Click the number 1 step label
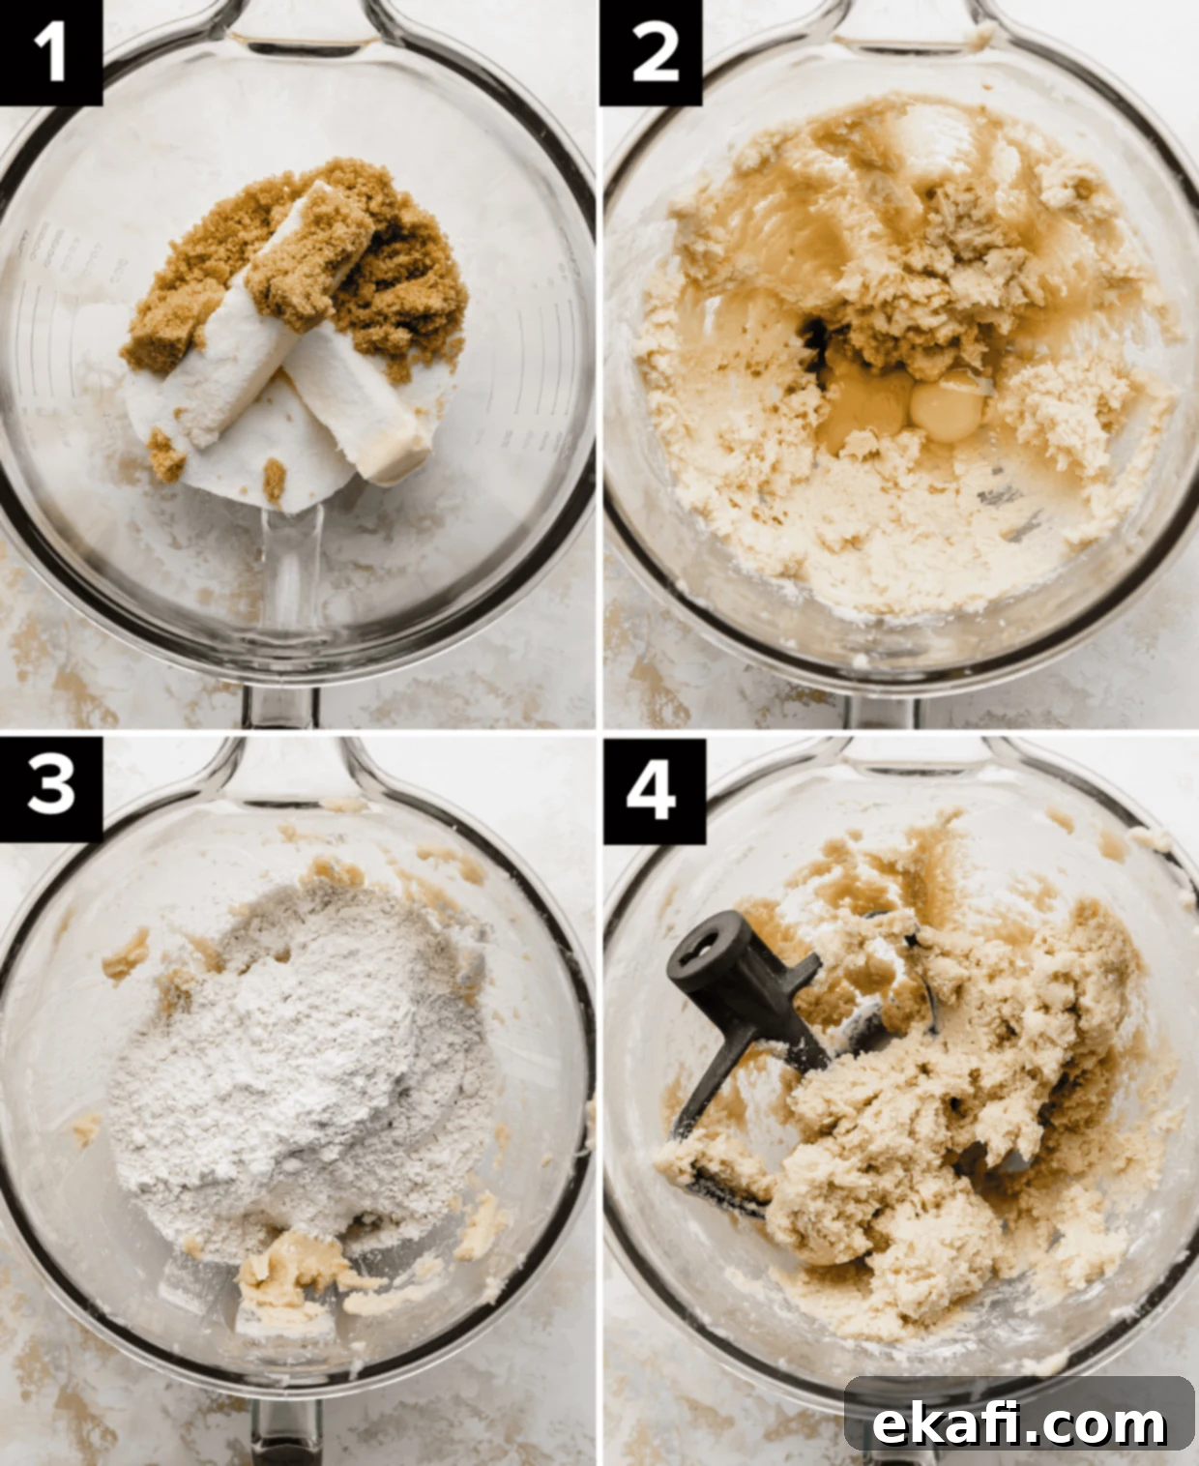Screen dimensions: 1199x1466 tap(50, 52)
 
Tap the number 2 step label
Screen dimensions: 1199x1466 tap(651, 52)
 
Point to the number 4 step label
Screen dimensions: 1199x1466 tap(653, 790)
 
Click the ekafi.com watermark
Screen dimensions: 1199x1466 tap(1019, 1405)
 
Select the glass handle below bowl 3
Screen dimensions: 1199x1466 tap(286, 1443)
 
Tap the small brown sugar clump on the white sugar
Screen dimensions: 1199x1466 tap(275, 480)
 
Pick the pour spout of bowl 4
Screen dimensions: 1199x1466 tap(911, 765)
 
